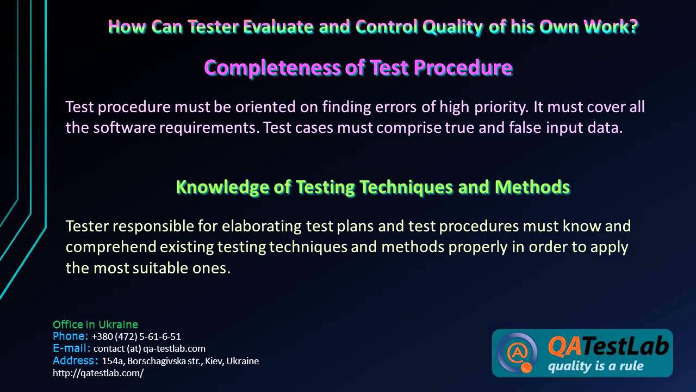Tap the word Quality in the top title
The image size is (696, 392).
[x=455, y=27]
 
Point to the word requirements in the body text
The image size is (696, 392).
[x=207, y=128]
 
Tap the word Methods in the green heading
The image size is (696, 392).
[x=532, y=187]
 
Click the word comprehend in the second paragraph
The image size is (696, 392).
[x=111, y=247]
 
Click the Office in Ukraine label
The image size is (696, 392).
[x=95, y=324]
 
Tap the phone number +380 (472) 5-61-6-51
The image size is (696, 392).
[x=136, y=336]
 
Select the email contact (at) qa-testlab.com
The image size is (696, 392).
[x=150, y=348]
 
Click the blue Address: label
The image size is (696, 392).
[x=75, y=360]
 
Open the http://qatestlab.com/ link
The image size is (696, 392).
[x=98, y=373]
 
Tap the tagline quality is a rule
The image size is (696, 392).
[x=595, y=366]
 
